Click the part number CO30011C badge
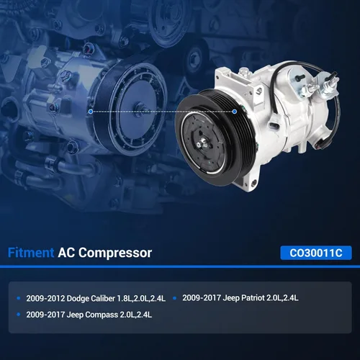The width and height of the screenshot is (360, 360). [316, 253]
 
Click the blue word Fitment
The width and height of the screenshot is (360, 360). [31, 253]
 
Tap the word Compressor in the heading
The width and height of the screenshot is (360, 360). [115, 253]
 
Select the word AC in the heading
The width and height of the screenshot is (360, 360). [66, 253]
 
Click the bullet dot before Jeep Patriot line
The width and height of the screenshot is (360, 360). [174, 298]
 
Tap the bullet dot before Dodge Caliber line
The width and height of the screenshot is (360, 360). [19, 298]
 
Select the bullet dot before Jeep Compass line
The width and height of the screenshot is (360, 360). [19, 315]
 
